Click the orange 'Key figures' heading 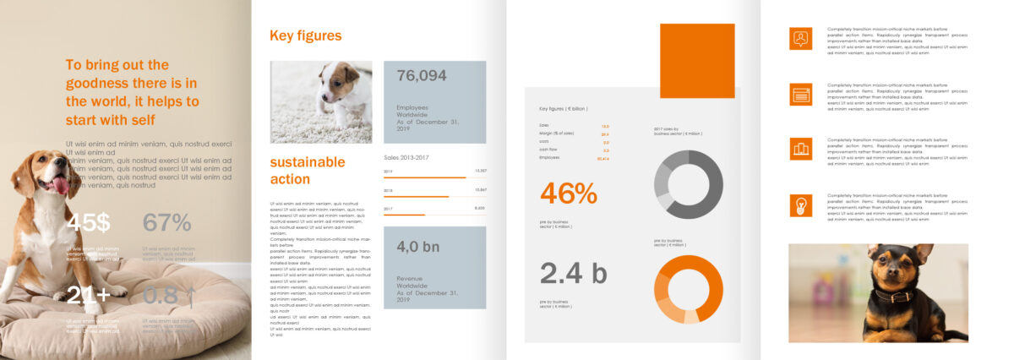coord(305,35)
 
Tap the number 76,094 coord(421,76)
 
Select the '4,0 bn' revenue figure coord(417,247)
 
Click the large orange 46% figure coord(568,194)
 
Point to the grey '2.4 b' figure coord(573,273)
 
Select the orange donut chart coord(688,289)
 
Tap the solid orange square coord(697,62)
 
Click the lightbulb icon coord(800,205)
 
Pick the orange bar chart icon coord(800,150)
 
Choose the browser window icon coord(800,95)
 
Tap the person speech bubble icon coord(800,39)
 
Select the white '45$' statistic coord(88,223)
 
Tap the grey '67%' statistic coord(166,223)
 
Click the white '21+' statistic coord(88,296)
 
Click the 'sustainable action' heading coord(308,170)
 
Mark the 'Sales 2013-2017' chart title coord(406,157)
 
